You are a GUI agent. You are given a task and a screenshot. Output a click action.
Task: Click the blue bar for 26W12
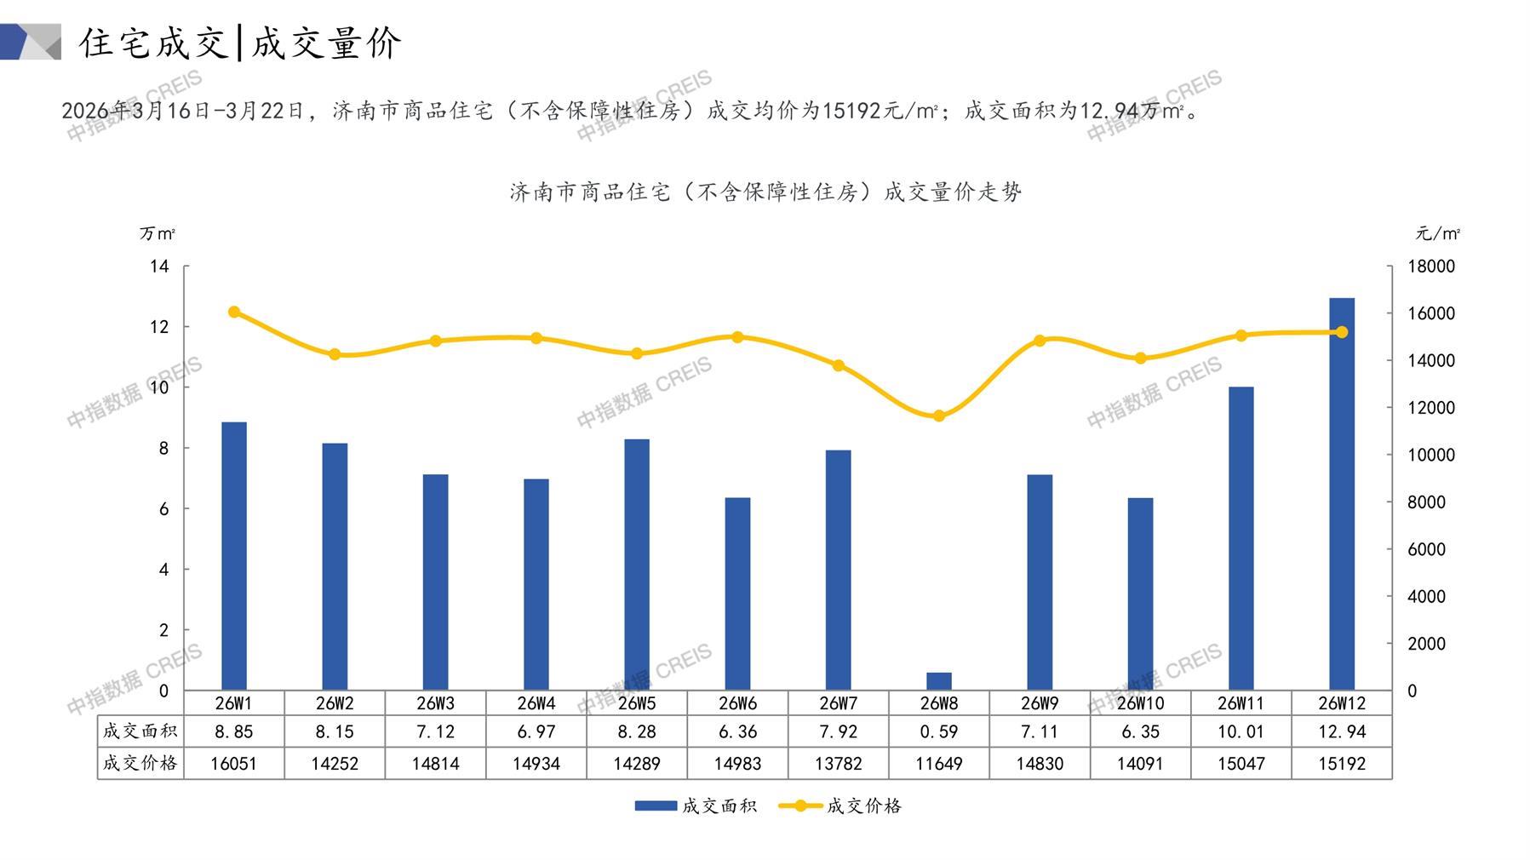pyautogui.click(x=1341, y=494)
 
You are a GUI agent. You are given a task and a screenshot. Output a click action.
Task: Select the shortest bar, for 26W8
pyautogui.click(x=938, y=681)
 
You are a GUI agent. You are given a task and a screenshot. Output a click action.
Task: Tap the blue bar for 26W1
pyautogui.click(x=234, y=556)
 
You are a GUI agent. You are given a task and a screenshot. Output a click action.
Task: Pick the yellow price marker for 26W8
pyautogui.click(x=938, y=416)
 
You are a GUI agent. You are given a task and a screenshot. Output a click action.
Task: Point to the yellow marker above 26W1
pyautogui.click(x=234, y=312)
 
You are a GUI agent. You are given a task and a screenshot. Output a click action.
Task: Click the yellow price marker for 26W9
pyautogui.click(x=1039, y=341)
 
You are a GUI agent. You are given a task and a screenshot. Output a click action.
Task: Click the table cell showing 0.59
pyautogui.click(x=938, y=731)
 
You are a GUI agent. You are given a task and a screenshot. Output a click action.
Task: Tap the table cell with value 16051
pyautogui.click(x=234, y=764)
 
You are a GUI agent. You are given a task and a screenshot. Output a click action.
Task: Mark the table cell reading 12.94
pyautogui.click(x=1341, y=731)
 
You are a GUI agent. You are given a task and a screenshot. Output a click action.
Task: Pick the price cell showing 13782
pyautogui.click(x=838, y=764)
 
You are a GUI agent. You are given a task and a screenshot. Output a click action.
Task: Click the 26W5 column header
pyautogui.click(x=637, y=703)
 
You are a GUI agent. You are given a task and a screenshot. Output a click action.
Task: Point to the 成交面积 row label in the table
pyautogui.click(x=140, y=731)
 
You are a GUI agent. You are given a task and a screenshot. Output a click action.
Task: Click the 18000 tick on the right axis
pyautogui.click(x=1431, y=267)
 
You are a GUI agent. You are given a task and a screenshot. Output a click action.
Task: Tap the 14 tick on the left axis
pyautogui.click(x=159, y=267)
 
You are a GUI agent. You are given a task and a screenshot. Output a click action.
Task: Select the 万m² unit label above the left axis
pyautogui.click(x=158, y=233)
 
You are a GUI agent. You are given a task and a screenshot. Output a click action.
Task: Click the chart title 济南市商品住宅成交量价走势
pyautogui.click(x=765, y=192)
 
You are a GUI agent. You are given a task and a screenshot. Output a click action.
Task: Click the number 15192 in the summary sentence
pyautogui.click(x=852, y=111)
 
